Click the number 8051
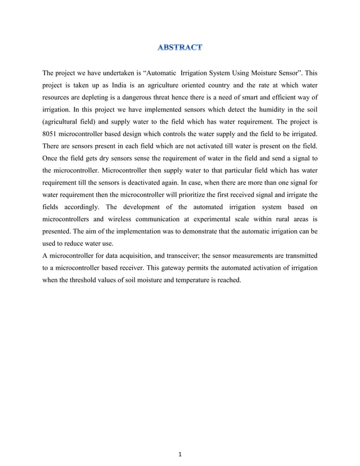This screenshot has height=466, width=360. [52, 134]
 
